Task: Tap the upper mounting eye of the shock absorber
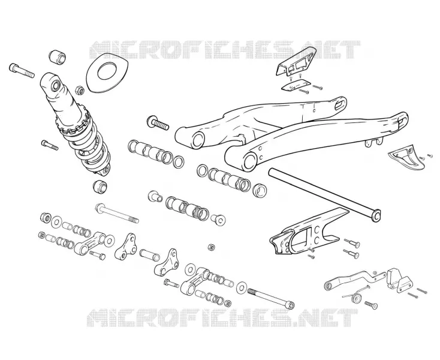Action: (55, 85)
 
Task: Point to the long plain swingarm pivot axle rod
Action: (325, 193)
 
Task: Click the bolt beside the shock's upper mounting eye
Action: (22, 70)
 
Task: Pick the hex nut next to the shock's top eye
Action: (80, 90)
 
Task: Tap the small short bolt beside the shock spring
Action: (50, 145)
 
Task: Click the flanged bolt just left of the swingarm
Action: (158, 123)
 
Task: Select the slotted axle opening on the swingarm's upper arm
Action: (340, 104)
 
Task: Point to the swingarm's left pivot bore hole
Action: (198, 140)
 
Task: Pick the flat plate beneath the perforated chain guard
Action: (296, 85)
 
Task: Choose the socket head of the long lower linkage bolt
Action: (290, 305)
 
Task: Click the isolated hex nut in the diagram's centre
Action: (211, 248)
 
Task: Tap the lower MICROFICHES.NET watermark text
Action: (222, 318)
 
